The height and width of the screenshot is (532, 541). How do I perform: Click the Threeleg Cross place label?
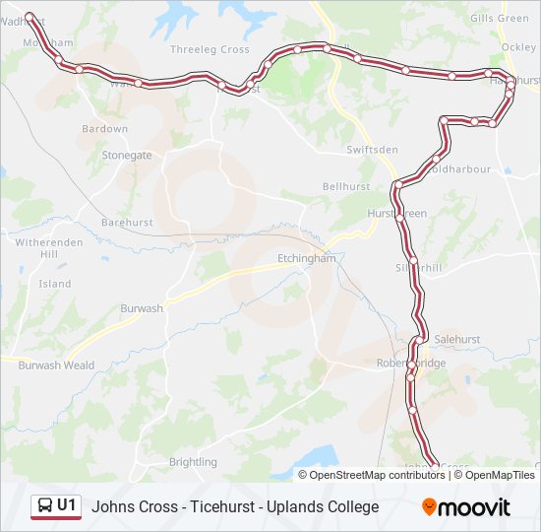pyautogui.click(x=210, y=49)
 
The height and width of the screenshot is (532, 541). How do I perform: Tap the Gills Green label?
pyautogui.click(x=500, y=18)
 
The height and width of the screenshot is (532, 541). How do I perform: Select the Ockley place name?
pyautogui.click(x=518, y=46)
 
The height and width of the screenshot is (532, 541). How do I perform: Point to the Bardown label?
pyautogui.click(x=105, y=129)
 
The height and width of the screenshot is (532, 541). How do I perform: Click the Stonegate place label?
pyautogui.click(x=128, y=156)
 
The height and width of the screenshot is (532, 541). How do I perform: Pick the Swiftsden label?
pyautogui.click(x=373, y=150)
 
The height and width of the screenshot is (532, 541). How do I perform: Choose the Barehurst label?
pyautogui.click(x=127, y=223)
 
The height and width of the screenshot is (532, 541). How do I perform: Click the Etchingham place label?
pyautogui.click(x=301, y=258)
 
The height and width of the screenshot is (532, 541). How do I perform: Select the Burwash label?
pyautogui.click(x=142, y=308)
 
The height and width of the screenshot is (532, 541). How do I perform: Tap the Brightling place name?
pyautogui.click(x=193, y=462)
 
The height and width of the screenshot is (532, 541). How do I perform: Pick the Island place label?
pyautogui.click(x=55, y=284)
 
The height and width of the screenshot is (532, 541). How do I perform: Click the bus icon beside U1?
pyautogui.click(x=44, y=506)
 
